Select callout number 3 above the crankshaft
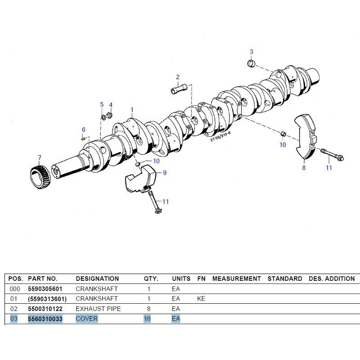click(252, 52)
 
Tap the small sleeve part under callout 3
click(251, 63)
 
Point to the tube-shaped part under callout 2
click(179, 89)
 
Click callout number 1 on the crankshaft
click(132, 110)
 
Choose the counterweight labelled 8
click(306, 136)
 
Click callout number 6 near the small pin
click(84, 130)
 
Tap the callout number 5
click(102, 104)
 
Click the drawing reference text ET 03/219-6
click(220, 136)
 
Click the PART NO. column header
click(42, 279)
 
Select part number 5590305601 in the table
click(45, 289)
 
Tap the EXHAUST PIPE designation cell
click(98, 309)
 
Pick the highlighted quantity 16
click(147, 319)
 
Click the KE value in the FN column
click(201, 299)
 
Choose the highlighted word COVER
click(87, 319)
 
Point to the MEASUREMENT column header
click(237, 279)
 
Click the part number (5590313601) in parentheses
click(47, 299)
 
